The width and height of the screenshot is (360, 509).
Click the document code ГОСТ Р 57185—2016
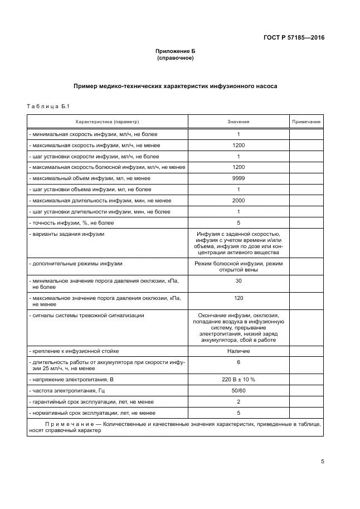294,38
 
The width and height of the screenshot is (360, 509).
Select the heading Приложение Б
175,51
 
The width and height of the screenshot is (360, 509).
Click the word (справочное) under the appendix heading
175,57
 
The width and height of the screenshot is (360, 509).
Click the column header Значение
238,122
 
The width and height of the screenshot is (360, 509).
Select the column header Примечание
306,122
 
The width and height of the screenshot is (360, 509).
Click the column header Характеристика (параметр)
107,122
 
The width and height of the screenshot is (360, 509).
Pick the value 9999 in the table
238,178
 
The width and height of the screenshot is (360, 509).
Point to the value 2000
238,200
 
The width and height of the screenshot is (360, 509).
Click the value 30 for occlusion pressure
238,281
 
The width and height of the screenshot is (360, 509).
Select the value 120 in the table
238,298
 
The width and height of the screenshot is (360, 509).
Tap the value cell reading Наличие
238,351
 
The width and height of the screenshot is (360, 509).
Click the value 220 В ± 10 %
238,380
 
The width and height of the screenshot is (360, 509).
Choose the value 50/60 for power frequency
238,391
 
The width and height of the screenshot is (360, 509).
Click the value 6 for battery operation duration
238,362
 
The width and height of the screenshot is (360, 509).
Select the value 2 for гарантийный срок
238,401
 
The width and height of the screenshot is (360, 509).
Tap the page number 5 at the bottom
323,462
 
